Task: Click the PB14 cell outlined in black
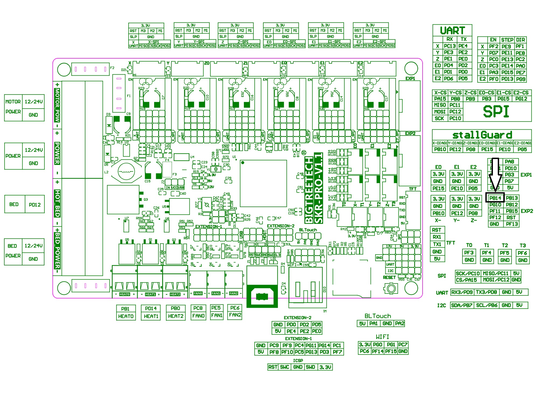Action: coord(495,198)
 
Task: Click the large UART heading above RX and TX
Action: coord(452,31)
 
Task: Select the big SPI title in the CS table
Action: coord(496,112)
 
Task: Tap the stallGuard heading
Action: coord(482,135)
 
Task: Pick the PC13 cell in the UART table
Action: coord(450,46)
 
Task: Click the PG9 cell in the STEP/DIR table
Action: coord(521,79)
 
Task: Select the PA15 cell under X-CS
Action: coord(440,99)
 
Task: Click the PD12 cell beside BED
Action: coord(35,205)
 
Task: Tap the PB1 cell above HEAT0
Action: coord(125,309)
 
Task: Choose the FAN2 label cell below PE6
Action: coord(235,315)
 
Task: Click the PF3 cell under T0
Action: coord(469,253)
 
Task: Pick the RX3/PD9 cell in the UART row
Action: coord(462,292)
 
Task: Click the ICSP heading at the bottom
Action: coord(298,360)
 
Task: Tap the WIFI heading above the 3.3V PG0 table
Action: coord(382,337)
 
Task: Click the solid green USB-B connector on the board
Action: coord(262,296)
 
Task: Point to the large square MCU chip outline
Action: coord(263,183)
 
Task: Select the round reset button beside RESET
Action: coord(391,288)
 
